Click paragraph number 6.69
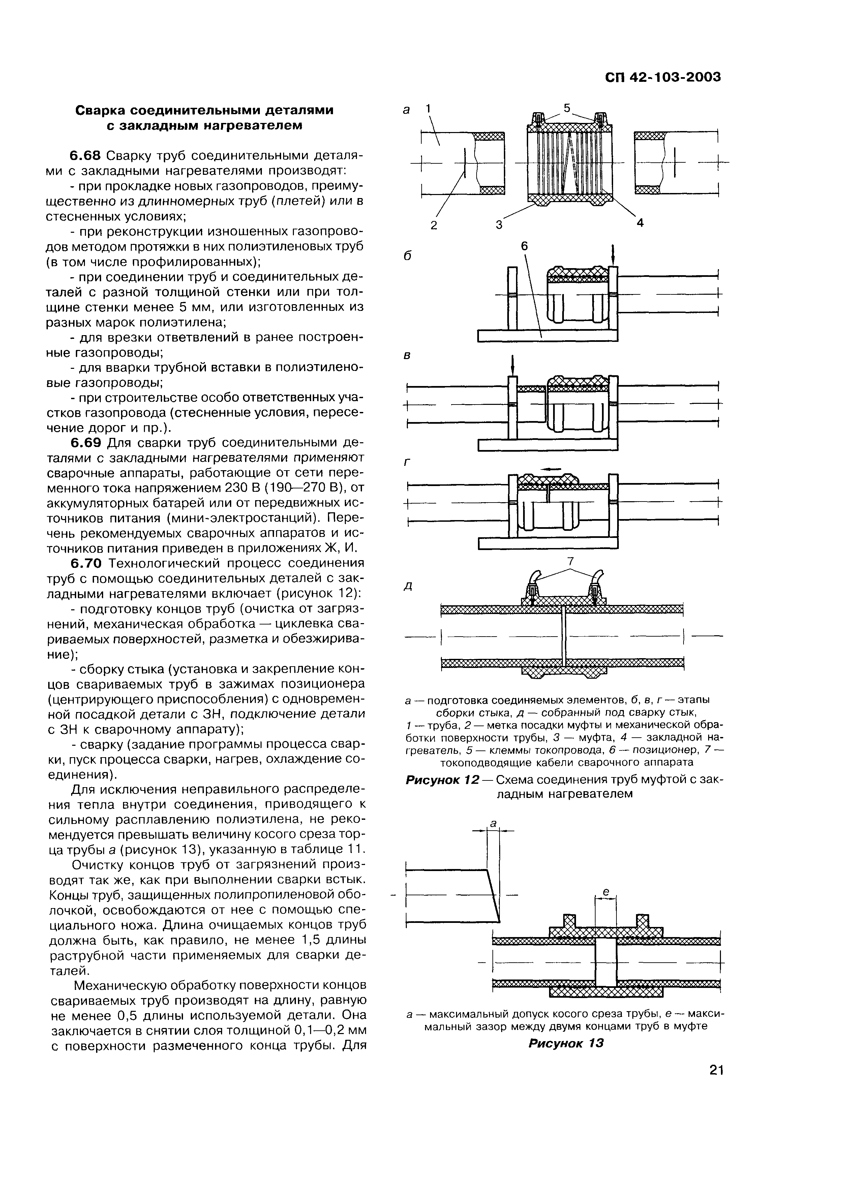click(x=86, y=443)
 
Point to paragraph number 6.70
click(x=86, y=564)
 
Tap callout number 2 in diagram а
click(x=434, y=225)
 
